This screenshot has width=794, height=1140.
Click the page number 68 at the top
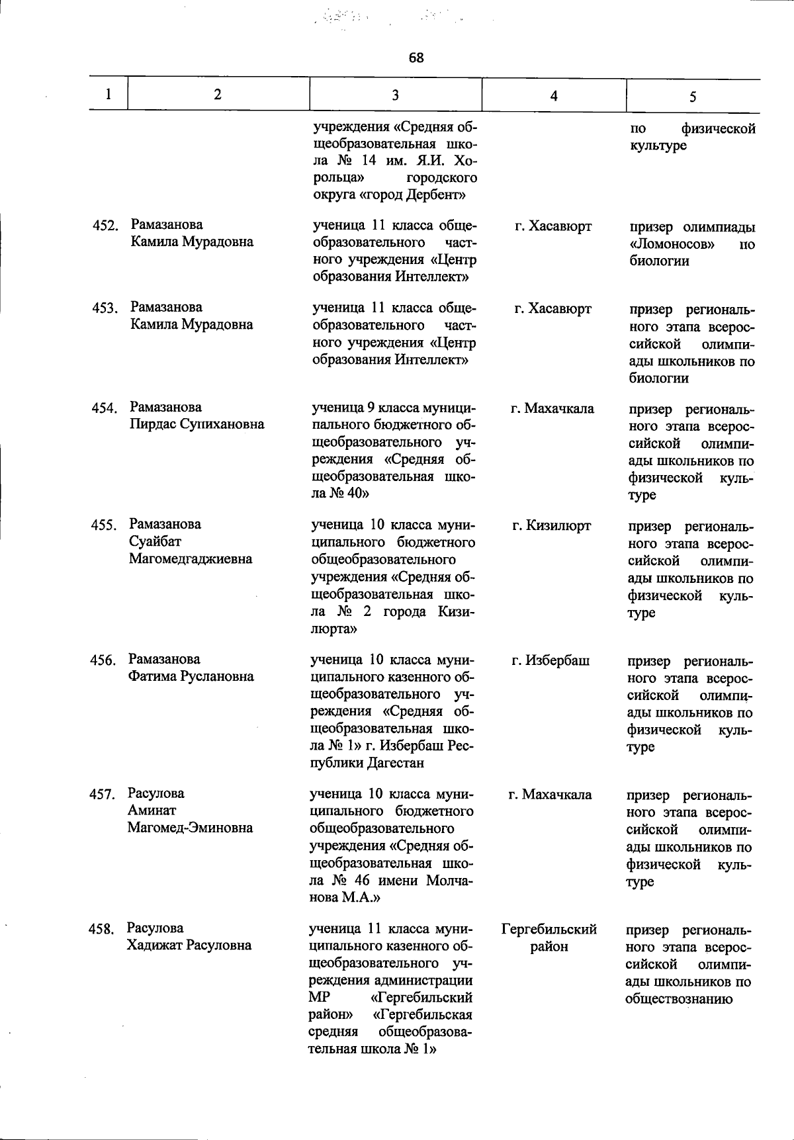click(x=416, y=58)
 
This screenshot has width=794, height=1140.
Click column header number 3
click(x=395, y=95)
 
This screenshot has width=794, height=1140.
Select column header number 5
click(x=692, y=97)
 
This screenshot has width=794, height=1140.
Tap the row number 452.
click(x=105, y=226)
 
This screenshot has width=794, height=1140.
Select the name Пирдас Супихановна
click(x=197, y=424)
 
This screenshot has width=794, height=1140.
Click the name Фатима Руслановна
click(x=191, y=676)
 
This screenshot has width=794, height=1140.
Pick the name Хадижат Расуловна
click(x=189, y=945)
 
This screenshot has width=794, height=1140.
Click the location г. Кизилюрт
click(x=551, y=526)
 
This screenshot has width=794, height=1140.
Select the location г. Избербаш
click(x=551, y=660)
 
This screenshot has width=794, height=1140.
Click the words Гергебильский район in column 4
click(x=549, y=938)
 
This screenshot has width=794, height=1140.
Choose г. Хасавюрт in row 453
click(x=552, y=309)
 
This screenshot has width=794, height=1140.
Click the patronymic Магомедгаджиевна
click(x=191, y=558)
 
